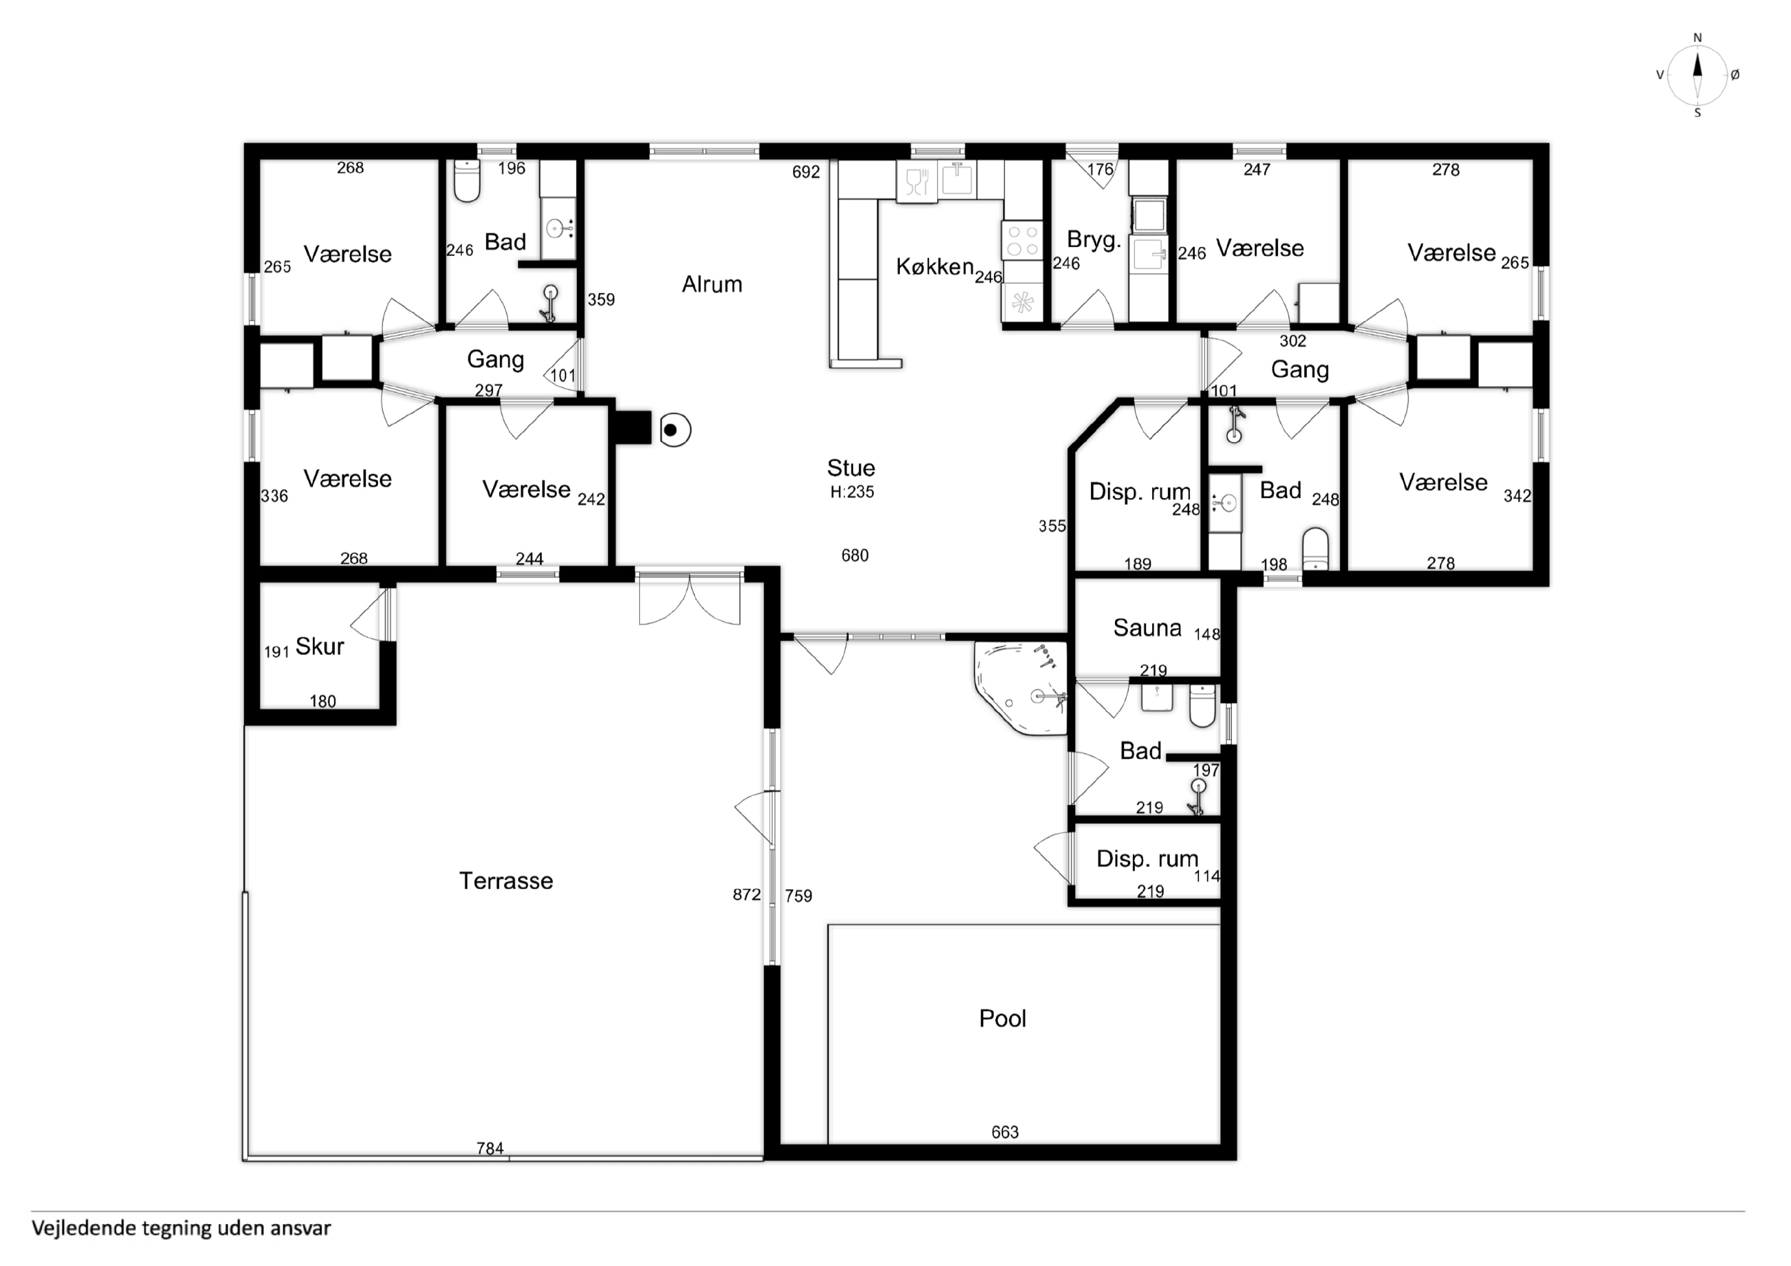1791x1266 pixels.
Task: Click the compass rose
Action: pos(1697,75)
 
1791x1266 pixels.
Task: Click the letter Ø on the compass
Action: pos(1735,75)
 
